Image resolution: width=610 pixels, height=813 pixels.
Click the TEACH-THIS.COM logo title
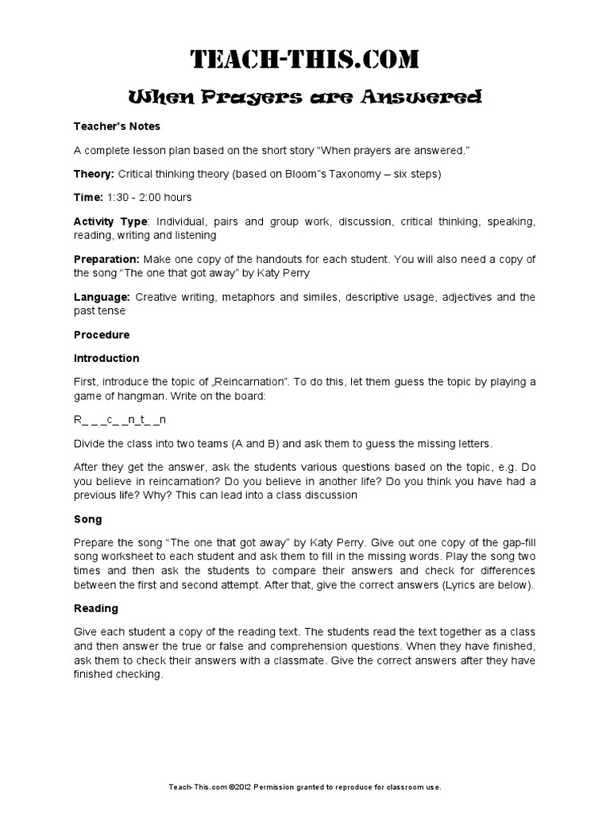coord(305,60)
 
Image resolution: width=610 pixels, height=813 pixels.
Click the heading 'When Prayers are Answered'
coord(305,98)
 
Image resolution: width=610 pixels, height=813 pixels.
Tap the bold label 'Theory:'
coord(94,173)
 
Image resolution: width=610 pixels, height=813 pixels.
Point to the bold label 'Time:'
coord(88,197)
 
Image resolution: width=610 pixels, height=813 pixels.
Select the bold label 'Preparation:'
coord(106,259)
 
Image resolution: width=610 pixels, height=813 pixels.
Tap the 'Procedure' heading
coord(102,334)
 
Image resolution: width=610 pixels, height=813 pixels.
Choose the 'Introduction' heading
coord(106,358)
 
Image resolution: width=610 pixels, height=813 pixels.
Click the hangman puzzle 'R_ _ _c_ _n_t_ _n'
coord(120,419)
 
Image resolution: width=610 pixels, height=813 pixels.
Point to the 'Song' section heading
coord(87,519)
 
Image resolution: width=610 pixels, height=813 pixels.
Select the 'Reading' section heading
coord(96,608)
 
